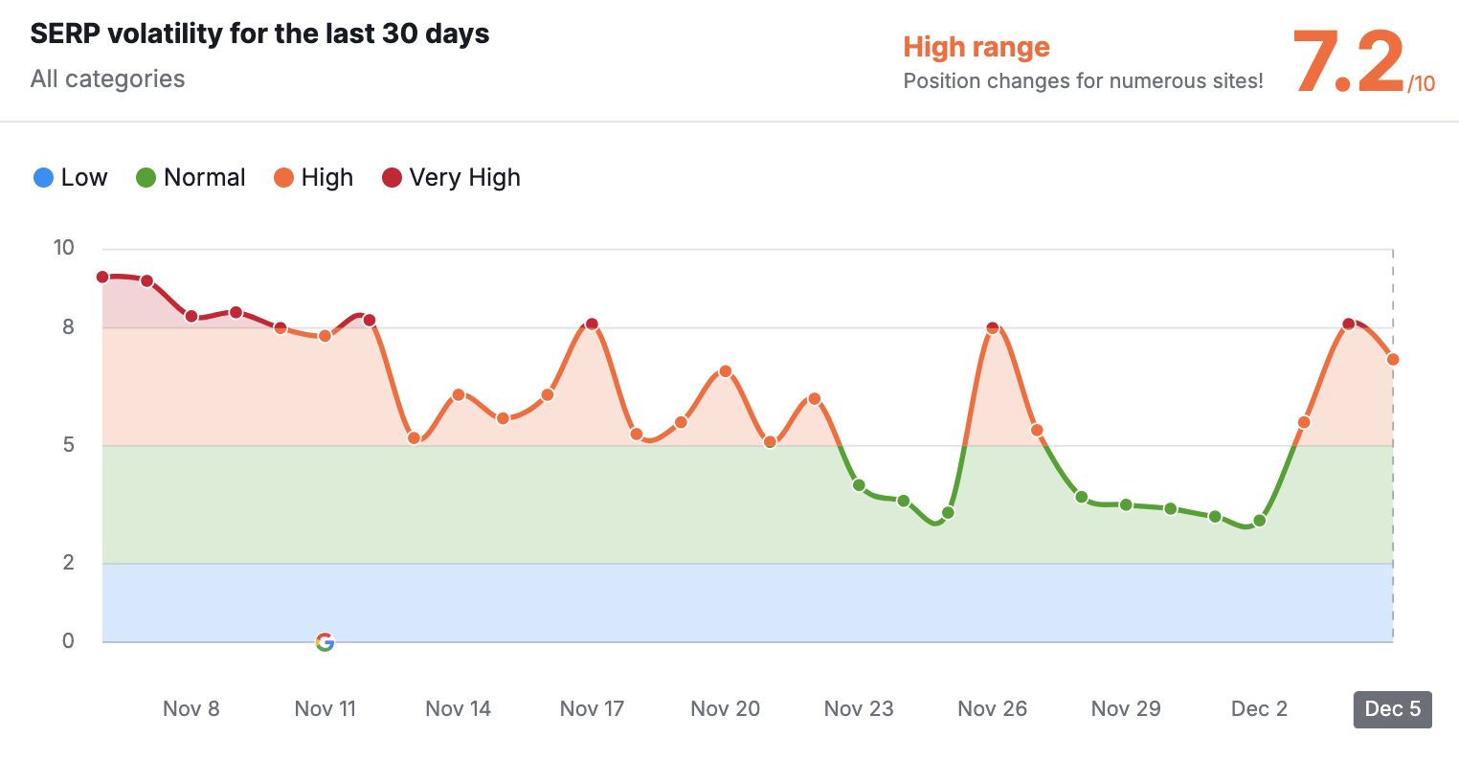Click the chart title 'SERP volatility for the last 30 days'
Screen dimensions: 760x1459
point(259,34)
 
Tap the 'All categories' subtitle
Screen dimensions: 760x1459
point(107,78)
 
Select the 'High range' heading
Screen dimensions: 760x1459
point(976,47)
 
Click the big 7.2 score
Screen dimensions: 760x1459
point(1348,62)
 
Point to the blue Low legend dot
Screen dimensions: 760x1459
point(43,177)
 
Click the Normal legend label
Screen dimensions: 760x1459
point(204,177)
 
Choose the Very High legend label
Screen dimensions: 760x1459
point(464,177)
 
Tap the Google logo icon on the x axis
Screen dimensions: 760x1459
point(325,642)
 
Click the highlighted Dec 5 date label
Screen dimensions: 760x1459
point(1392,709)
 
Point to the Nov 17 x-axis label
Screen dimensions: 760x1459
point(592,709)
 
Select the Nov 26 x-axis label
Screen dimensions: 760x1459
point(992,709)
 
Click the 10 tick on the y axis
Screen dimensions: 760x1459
point(63,248)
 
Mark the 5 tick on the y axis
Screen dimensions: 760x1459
point(68,445)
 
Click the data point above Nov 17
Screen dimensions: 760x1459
point(592,324)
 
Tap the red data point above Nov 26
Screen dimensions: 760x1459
point(993,328)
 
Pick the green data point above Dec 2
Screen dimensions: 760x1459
point(1260,521)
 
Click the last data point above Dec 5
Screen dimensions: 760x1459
point(1393,360)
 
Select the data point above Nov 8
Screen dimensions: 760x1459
point(191,317)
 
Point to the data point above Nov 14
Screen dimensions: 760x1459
point(459,395)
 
